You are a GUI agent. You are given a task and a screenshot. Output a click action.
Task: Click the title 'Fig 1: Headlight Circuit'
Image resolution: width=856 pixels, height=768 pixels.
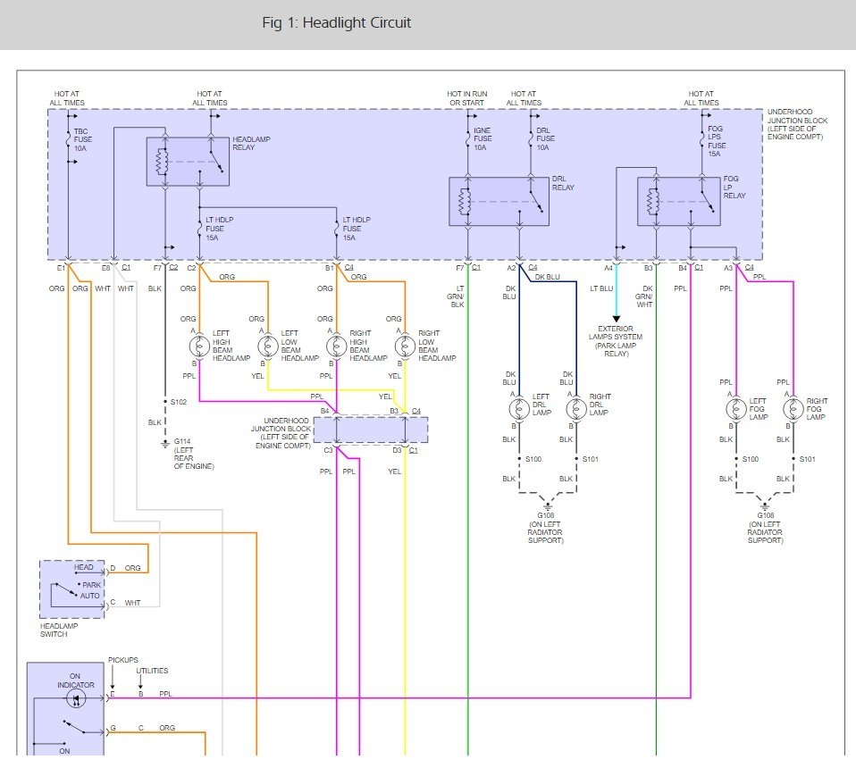[x=337, y=23]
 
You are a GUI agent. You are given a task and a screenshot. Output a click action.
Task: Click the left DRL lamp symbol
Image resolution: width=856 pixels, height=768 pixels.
[x=519, y=410]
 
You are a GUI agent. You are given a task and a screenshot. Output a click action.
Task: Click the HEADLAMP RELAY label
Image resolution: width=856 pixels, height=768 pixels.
[x=251, y=143]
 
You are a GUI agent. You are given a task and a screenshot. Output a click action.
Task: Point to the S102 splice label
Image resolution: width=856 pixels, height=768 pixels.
[x=178, y=402]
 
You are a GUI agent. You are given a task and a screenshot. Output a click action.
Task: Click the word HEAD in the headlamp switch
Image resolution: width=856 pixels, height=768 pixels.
[x=83, y=567]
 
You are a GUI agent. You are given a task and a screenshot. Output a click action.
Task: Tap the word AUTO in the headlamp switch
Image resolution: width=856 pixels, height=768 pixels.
[x=90, y=595]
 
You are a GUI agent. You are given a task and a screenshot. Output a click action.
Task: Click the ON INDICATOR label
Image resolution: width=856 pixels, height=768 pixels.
[x=75, y=680]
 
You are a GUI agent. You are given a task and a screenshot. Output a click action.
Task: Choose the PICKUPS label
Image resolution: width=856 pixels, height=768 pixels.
[x=123, y=660]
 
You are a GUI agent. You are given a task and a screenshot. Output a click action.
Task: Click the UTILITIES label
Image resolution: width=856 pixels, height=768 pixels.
[x=152, y=671]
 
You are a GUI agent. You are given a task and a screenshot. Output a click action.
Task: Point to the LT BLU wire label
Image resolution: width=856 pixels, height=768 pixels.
[x=601, y=288]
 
